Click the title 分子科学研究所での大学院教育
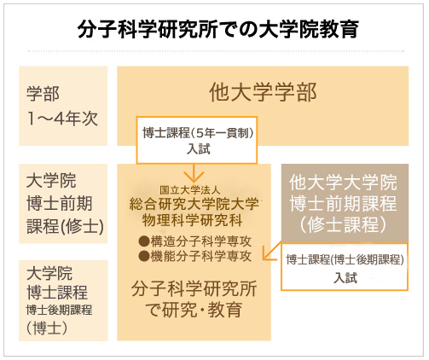[217, 29]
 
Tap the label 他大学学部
[263, 92]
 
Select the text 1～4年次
[62, 119]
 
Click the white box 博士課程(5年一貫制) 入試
[197, 140]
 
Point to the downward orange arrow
[194, 173]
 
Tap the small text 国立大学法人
[190, 190]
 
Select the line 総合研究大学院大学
[194, 204]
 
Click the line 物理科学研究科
[193, 220]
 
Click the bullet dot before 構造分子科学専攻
[144, 241]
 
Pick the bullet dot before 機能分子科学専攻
[144, 256]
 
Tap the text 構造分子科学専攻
[201, 241]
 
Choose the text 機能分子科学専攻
[201, 256]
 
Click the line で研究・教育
[194, 310]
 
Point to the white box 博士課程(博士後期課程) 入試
[345, 266]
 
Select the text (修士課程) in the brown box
[343, 224]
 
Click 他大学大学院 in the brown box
[343, 182]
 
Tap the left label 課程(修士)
[66, 226]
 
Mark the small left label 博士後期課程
[59, 310]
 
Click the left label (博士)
[47, 328]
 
